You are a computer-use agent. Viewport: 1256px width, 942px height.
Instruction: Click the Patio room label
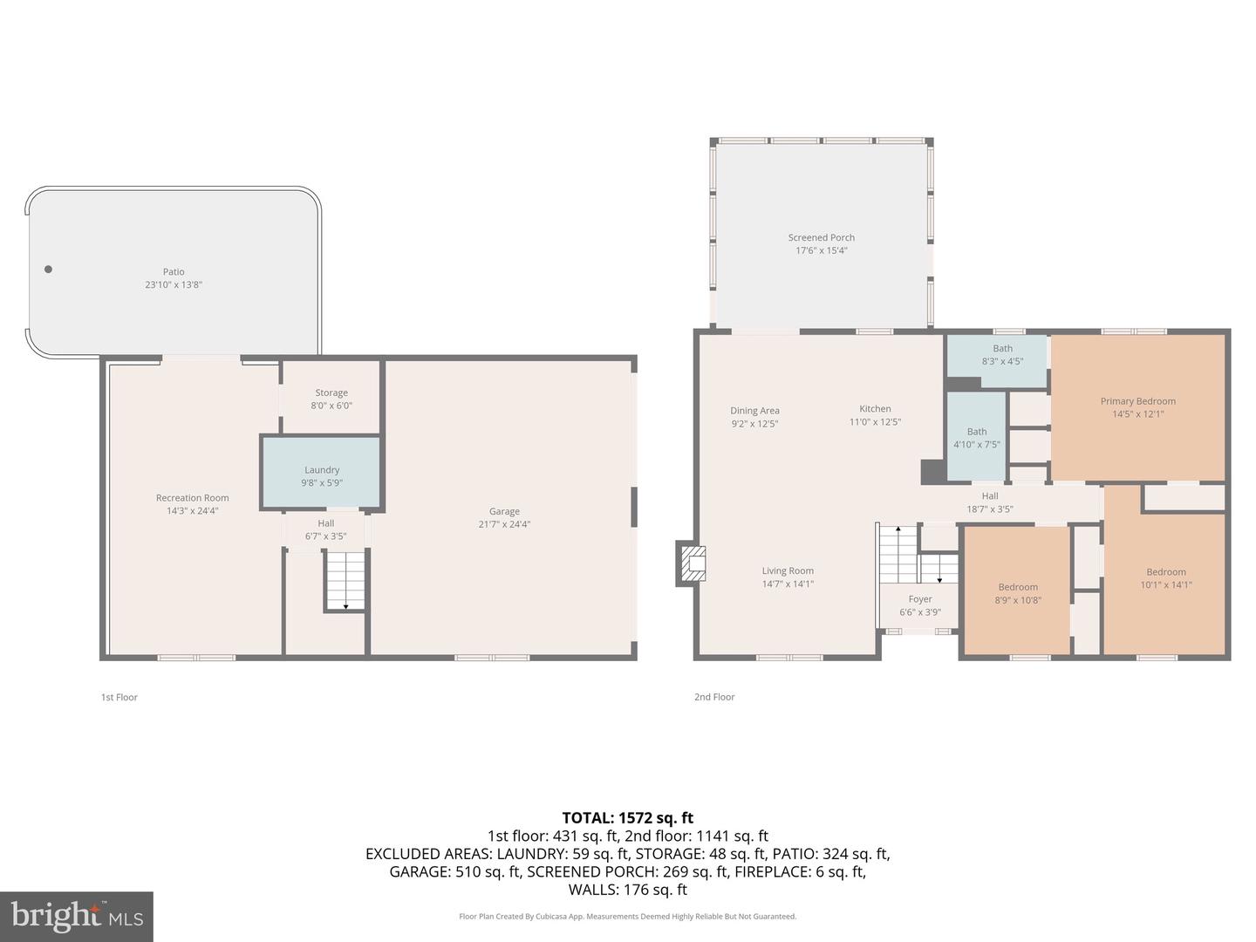pyautogui.click(x=174, y=272)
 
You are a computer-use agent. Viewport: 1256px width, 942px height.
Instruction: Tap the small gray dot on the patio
pyautogui.click(x=48, y=270)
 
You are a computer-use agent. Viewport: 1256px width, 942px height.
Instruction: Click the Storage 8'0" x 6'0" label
pyautogui.click(x=331, y=399)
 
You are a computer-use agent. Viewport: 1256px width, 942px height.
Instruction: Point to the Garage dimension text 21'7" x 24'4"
pyautogui.click(x=504, y=524)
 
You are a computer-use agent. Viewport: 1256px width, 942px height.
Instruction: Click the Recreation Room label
pyautogui.click(x=192, y=498)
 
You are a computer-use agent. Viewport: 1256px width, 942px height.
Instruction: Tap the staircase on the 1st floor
pyautogui.click(x=345, y=580)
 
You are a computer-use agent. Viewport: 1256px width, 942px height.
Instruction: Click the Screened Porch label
pyautogui.click(x=821, y=237)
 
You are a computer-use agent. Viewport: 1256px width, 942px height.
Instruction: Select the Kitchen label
pyautogui.click(x=875, y=408)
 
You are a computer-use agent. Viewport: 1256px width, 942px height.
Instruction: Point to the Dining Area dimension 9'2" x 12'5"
pyautogui.click(x=754, y=424)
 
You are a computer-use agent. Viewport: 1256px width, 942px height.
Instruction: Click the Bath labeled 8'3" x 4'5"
pyautogui.click(x=1002, y=354)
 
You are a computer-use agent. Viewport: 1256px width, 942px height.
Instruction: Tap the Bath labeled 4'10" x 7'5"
pyautogui.click(x=976, y=438)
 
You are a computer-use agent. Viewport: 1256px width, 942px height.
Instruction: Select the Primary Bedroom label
pyautogui.click(x=1137, y=401)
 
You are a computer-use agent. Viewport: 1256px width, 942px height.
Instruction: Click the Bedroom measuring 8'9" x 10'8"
pyautogui.click(x=1018, y=593)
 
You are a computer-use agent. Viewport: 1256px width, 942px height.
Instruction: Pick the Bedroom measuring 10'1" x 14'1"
pyautogui.click(x=1165, y=578)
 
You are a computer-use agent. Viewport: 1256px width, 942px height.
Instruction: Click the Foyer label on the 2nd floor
pyautogui.click(x=920, y=599)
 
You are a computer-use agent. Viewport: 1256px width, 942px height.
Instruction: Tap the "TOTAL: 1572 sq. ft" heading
pyautogui.click(x=627, y=818)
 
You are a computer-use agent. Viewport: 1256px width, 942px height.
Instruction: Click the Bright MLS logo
pyautogui.click(x=77, y=916)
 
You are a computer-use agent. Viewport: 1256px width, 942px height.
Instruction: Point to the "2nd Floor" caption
pyautogui.click(x=714, y=697)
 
